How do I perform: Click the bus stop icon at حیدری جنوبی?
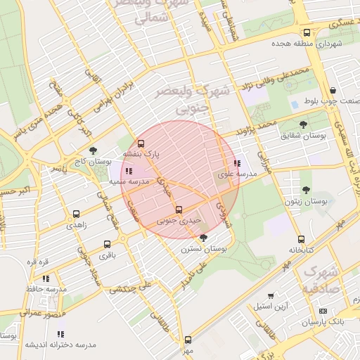(178, 210)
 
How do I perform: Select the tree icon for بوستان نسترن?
(203, 238)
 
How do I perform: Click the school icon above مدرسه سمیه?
(128, 170)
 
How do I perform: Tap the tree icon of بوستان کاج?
(94, 150)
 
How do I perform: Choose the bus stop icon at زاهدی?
(76, 214)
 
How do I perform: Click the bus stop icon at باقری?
(107, 245)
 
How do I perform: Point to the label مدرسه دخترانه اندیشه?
(60, 345)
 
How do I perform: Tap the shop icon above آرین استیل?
(272, 295)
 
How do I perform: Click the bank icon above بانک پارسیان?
(323, 311)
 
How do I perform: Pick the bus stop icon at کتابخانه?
(301, 239)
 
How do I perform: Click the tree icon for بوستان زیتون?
(306, 189)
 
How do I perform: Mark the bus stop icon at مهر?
(187, 339)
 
